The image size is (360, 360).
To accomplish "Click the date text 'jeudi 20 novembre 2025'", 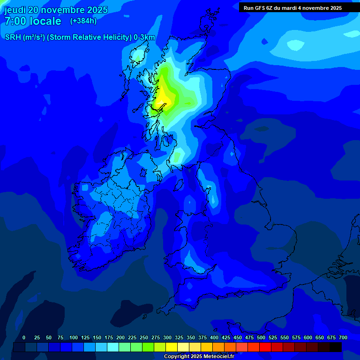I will [56, 10].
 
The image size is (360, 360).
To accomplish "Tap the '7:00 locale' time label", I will [33, 21].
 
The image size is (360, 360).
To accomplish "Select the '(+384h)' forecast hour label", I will [83, 21].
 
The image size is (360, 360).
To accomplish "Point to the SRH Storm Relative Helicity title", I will [80, 37].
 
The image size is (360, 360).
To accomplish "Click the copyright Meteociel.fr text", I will [199, 357].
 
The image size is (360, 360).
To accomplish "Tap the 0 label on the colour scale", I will [24, 337].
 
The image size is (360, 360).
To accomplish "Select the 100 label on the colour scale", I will [73, 337].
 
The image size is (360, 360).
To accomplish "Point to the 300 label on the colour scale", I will [167, 337].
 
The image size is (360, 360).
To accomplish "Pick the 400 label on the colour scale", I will [214, 337].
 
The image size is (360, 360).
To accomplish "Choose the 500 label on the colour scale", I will [261, 337].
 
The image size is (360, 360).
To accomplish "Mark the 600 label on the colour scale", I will [307, 337].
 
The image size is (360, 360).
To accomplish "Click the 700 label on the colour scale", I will [343, 337].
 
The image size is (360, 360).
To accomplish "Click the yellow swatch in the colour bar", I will [172, 347].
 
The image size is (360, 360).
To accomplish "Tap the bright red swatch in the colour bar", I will [265, 347].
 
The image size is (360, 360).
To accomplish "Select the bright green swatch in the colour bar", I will [148, 347].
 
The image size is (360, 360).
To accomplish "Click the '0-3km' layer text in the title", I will [144, 37].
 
